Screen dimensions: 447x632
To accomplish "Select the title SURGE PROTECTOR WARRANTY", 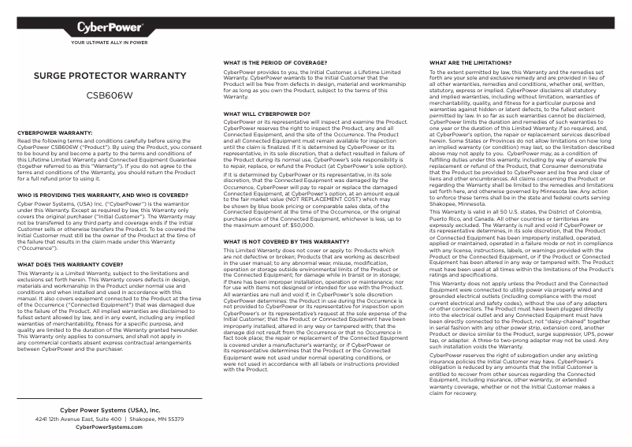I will pos(98,76).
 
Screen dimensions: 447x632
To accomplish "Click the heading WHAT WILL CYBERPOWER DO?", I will pos(266,114).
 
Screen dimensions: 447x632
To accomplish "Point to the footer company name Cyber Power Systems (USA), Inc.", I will pos(110,411).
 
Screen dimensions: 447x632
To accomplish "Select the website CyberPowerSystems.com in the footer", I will pos(110,427).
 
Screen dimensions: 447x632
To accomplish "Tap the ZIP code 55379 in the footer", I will pos(175,419).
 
